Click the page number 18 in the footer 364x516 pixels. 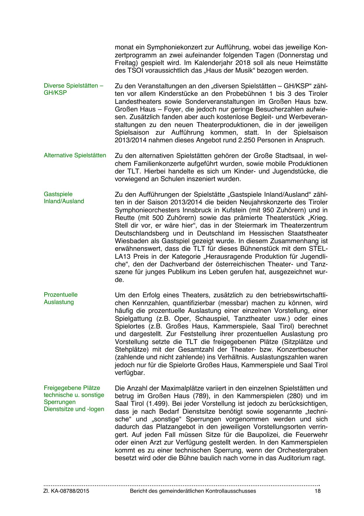pos(317,491)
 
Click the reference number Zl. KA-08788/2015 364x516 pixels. pos(66,491)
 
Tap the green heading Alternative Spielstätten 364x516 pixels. pos(75,155)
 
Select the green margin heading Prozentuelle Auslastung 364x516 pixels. pos(61,298)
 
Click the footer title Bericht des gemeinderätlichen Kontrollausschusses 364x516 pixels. pos(193,491)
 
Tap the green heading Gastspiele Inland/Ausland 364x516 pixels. pos(64,198)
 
